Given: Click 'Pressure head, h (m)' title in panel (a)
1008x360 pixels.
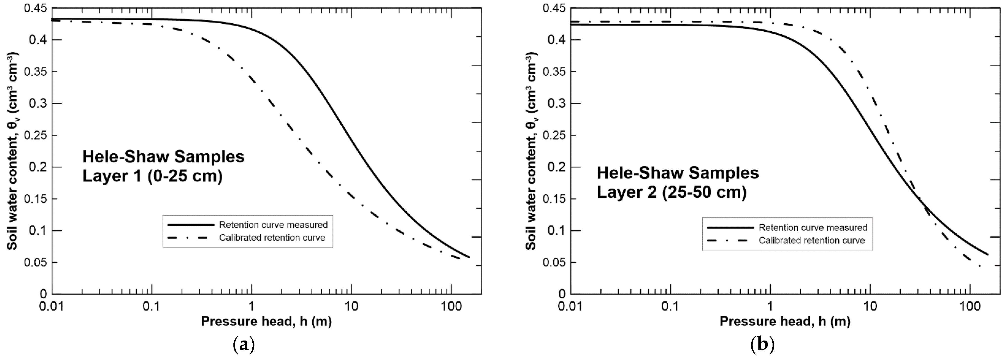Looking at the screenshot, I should coord(266,322).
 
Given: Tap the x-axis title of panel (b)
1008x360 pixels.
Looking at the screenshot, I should coord(785,322).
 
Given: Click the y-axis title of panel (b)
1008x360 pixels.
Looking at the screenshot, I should coord(531,151).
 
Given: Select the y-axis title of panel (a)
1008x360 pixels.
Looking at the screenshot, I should coord(13,151).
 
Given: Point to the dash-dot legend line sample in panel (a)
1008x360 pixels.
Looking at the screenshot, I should coord(191,238).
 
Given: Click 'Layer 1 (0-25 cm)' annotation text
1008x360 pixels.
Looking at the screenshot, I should coord(152,176).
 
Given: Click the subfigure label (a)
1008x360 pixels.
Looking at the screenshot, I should coord(244,345).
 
